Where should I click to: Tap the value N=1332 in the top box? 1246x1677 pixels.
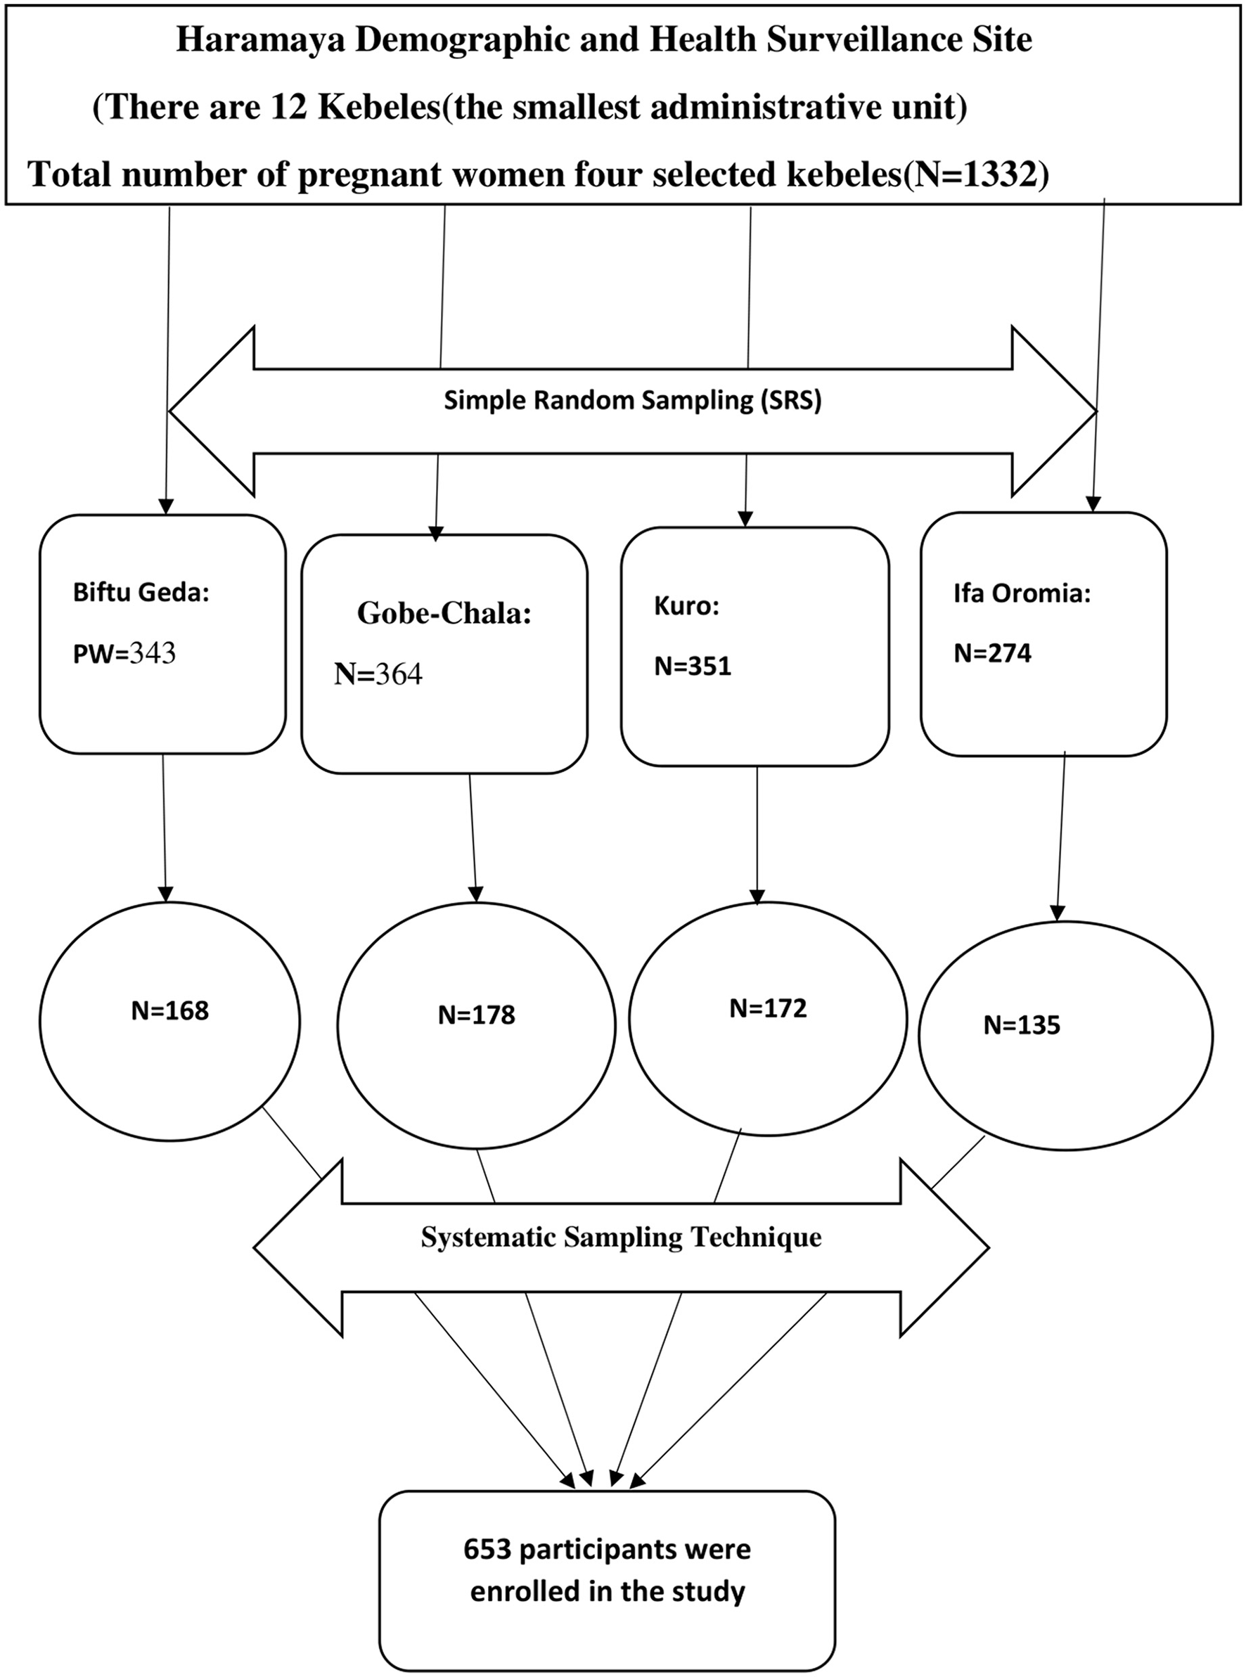click(x=977, y=174)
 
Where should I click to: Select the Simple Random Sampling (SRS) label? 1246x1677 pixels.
click(x=632, y=399)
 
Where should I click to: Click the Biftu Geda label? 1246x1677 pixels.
click(x=141, y=593)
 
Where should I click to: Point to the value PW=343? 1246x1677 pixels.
click(x=124, y=653)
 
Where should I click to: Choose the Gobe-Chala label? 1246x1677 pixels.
click(x=444, y=613)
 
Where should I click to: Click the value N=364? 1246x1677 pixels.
click(x=378, y=674)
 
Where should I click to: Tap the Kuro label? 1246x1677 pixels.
click(x=686, y=606)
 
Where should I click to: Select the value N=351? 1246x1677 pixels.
click(x=693, y=666)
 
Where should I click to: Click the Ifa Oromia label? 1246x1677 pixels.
click(x=1022, y=593)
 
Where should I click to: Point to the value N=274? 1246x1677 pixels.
click(x=993, y=653)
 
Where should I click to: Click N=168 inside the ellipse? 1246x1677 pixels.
click(x=169, y=1010)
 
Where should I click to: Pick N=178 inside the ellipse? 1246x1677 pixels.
click(x=477, y=1015)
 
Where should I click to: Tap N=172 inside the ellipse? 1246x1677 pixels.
click(x=768, y=1008)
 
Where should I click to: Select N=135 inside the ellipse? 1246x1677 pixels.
click(x=1021, y=1025)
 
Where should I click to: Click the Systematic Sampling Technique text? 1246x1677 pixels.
click(x=621, y=1237)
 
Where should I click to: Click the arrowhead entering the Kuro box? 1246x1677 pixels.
click(x=745, y=520)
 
